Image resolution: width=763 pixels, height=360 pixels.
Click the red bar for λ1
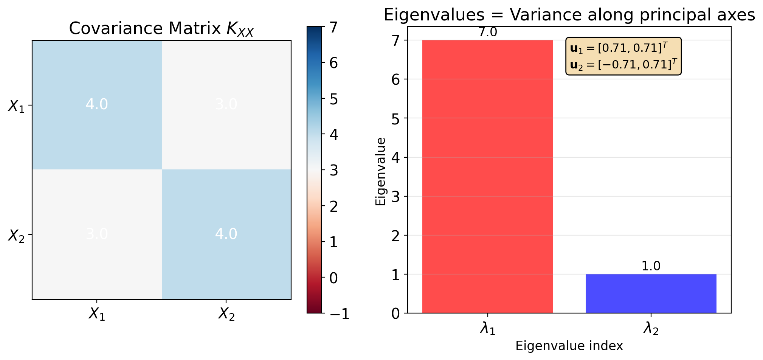tap(487, 176)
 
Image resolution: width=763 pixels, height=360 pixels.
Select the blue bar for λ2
tap(651, 293)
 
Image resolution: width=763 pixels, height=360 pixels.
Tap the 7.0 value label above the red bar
tap(488, 33)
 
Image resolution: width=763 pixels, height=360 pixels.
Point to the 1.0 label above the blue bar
tap(651, 266)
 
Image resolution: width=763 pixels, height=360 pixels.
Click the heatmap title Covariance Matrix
tap(161, 29)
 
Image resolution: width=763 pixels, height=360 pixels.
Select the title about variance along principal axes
tap(569, 15)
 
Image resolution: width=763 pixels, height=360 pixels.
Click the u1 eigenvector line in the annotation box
tap(619, 48)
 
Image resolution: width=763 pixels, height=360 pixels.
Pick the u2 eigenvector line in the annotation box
tap(623, 65)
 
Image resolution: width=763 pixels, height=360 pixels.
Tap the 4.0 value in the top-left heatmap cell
tap(97, 104)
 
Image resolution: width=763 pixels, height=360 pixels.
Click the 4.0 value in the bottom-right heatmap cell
tap(226, 234)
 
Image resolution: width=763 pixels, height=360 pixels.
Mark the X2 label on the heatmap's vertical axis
tap(16, 235)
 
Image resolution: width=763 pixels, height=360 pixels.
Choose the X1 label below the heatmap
tap(97, 314)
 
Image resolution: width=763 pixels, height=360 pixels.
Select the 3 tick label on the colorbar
tap(333, 171)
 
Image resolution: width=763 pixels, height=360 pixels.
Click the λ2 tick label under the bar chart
tap(651, 329)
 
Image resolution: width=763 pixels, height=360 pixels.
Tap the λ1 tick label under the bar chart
tap(488, 329)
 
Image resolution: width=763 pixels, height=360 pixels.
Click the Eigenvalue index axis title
tap(569, 346)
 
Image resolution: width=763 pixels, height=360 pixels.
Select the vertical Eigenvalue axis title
tap(380, 171)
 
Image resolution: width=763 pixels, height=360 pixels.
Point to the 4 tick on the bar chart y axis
tap(395, 158)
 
